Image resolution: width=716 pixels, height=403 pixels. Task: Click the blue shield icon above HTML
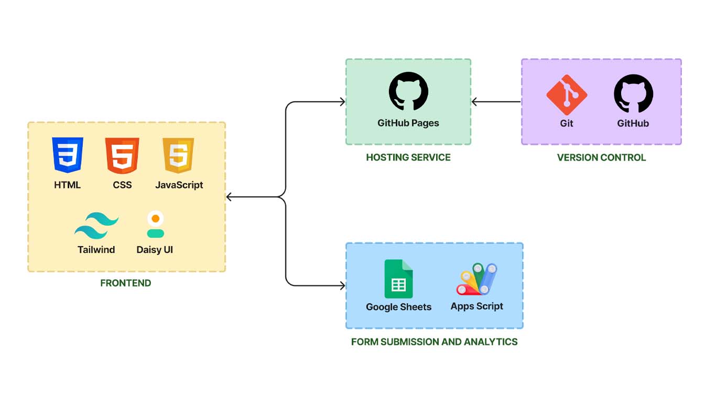[68, 155]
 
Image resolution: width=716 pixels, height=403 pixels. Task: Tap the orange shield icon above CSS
[122, 155]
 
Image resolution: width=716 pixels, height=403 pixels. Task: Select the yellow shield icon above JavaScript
[178, 155]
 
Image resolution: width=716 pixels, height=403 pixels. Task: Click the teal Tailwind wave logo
[96, 225]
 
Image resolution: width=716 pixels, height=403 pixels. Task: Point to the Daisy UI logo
[155, 224]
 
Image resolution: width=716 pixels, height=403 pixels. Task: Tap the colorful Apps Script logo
[476, 279]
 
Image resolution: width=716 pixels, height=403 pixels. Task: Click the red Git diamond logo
[567, 94]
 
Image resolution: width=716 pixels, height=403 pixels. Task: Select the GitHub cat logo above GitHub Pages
[408, 91]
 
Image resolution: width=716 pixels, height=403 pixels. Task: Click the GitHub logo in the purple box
[633, 93]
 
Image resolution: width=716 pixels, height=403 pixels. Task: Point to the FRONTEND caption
[126, 283]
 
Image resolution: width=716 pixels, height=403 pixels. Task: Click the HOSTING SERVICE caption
[408, 157]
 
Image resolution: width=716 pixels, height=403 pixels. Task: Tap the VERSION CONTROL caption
[601, 157]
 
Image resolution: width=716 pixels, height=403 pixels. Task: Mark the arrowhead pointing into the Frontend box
[229, 197]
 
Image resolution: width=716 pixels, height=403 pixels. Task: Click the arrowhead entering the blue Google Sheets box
[342, 285]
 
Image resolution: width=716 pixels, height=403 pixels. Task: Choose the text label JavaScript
[179, 185]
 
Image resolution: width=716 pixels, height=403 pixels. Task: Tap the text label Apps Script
[476, 306]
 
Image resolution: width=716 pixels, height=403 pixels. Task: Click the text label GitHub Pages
[408, 123]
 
